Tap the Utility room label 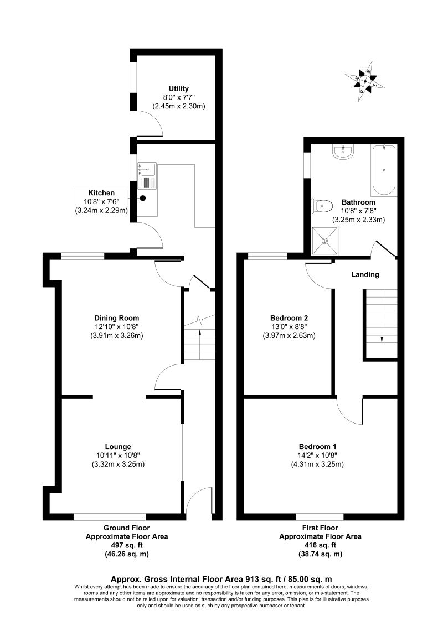(x=179, y=88)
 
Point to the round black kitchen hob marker (x=143, y=197)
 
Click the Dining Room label (x=116, y=318)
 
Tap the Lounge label (x=118, y=446)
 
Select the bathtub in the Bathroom (x=384, y=170)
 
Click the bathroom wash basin (x=344, y=152)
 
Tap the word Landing (x=365, y=274)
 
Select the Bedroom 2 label (x=289, y=318)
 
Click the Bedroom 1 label (x=317, y=446)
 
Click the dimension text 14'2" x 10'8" (x=317, y=455)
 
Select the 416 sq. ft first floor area (x=320, y=545)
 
